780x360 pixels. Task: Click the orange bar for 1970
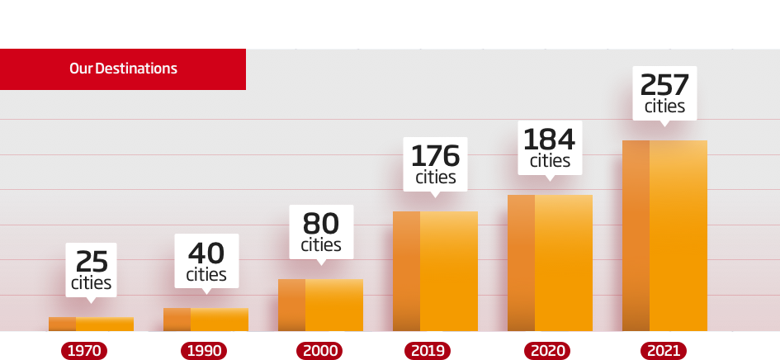point(91,324)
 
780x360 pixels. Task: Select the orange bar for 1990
point(206,320)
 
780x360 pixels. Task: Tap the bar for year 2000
point(320,305)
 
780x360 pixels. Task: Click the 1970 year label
point(84,351)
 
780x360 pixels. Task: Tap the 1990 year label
point(204,351)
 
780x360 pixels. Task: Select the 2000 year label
point(320,351)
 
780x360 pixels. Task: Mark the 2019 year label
point(428,351)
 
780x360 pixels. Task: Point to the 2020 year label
point(547,351)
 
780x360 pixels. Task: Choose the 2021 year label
point(664,351)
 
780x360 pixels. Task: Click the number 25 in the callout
point(92,262)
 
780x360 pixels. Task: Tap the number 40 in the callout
point(206,253)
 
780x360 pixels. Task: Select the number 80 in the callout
point(321,224)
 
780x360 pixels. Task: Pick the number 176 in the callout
point(435,156)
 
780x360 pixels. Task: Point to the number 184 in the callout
point(550,139)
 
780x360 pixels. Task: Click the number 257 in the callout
point(664,85)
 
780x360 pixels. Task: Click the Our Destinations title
point(123,69)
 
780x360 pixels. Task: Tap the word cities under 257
point(664,107)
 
